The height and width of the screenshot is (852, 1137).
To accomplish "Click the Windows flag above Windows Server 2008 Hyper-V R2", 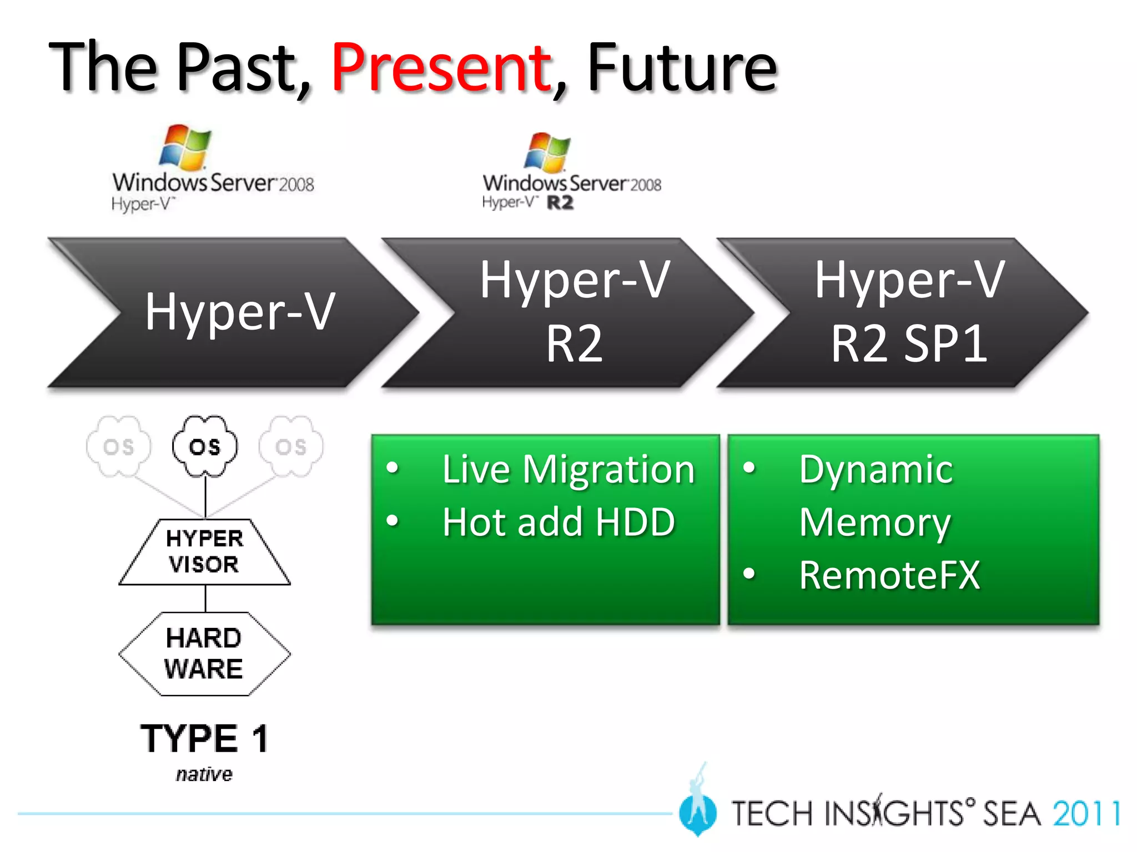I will coord(547,152).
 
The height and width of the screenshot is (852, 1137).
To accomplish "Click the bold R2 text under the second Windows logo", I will coord(560,203).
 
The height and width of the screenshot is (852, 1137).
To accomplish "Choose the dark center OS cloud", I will coord(205,447).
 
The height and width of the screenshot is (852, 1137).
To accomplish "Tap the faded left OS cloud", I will coord(118,447).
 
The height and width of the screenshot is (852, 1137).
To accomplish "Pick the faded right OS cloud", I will coord(291,447).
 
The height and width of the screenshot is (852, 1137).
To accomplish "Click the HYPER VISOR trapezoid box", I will coord(204,552).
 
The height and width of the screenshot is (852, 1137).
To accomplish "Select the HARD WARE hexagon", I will coord(204,653).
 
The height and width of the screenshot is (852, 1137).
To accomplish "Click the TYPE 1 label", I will coord(204,739).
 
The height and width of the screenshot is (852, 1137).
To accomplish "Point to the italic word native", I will coord(204,774).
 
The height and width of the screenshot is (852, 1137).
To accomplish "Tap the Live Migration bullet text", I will coord(568,470).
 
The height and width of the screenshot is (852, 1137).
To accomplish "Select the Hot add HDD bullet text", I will coord(559,523).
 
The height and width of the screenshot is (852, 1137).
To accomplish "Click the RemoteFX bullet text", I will coord(889,575).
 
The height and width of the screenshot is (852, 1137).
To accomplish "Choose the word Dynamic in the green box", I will coord(876,470).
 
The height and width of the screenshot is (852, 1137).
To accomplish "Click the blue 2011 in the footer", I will coord(1086,814).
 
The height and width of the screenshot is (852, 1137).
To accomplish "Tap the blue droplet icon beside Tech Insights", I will coord(697,811).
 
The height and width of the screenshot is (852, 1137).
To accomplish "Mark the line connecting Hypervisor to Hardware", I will coord(205,599).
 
